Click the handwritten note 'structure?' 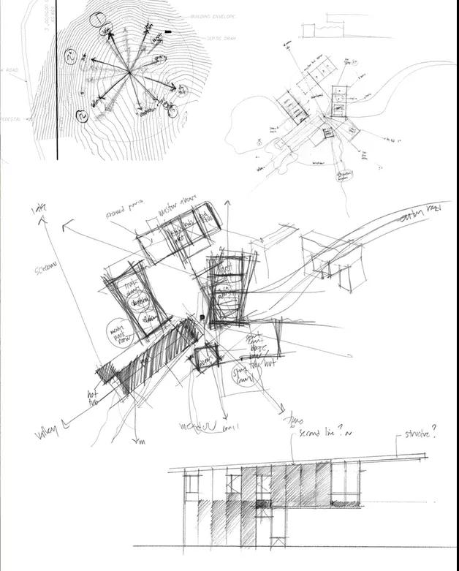tap(420, 434)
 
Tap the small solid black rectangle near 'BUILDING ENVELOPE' tap(169, 31)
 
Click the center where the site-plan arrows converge tap(130, 72)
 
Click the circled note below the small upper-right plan tap(344, 175)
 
